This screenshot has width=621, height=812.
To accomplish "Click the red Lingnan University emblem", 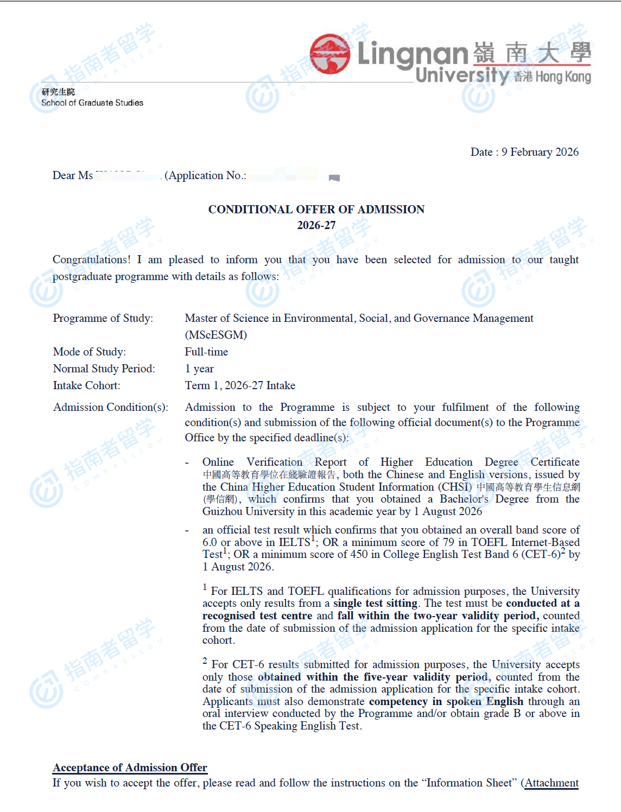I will coord(330,54).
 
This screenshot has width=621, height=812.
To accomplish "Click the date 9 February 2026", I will coord(540,152).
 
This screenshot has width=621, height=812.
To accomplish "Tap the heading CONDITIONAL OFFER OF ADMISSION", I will coord(316,210).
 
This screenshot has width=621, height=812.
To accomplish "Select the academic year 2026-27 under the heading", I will coord(316,225).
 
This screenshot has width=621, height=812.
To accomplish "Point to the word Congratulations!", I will coord(91,259).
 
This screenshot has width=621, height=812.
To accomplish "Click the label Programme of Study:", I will coord(103,318).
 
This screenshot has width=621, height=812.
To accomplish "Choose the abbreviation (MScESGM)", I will coord(216,335).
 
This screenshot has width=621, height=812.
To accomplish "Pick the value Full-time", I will coord(206,352).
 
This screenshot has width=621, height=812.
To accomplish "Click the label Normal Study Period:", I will coord(104,369).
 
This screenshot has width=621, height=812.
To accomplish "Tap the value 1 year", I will coord(199,369).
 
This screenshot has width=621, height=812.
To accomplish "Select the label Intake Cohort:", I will coord(86,385).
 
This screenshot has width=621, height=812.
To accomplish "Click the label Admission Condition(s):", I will coord(110,407).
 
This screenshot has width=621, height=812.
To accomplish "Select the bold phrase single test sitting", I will coord(375,603).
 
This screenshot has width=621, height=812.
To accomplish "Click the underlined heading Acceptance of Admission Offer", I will coord(130,767).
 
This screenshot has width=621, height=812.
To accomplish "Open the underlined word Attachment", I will coord(552,783).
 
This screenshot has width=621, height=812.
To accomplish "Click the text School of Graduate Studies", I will coord(92,103).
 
